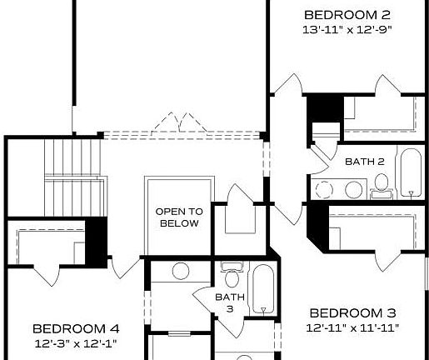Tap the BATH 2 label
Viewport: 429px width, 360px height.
(x=365, y=160)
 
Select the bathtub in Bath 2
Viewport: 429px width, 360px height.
(x=409, y=172)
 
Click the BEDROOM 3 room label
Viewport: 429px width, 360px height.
(x=352, y=312)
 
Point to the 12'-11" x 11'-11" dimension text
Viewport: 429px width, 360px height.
(x=352, y=327)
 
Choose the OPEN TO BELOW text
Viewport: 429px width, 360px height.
(x=178, y=217)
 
